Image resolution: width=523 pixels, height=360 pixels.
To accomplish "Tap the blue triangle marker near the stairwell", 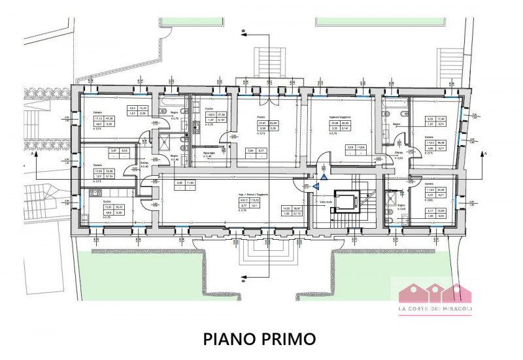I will coord(315,186).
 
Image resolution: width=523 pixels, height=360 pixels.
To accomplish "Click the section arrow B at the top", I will coord(243,30).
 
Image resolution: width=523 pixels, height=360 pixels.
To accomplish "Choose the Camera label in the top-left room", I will coord(97,112).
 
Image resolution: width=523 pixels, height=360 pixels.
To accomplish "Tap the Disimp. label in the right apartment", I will coord(397,152).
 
